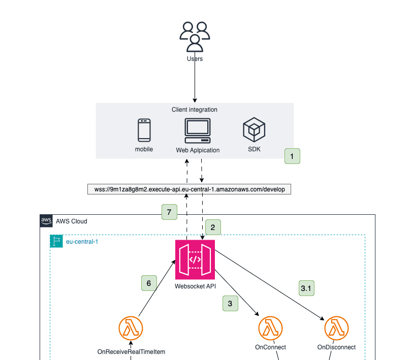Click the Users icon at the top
[195, 37]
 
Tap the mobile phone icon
[144, 130]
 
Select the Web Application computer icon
[198, 132]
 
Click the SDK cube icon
[254, 129]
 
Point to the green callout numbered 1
[292, 156]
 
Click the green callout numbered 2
[213, 227]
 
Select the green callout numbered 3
[230, 303]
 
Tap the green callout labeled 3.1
[306, 288]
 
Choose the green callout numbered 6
[149, 283]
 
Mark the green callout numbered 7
[169, 212]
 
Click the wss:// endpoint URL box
[189, 189]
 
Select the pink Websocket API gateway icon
[195, 259]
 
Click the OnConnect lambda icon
[270, 329]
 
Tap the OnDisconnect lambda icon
[336, 329]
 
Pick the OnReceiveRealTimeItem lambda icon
[131, 329]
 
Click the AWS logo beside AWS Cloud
[46, 221]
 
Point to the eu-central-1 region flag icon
[56, 241]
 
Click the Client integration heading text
[195, 110]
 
